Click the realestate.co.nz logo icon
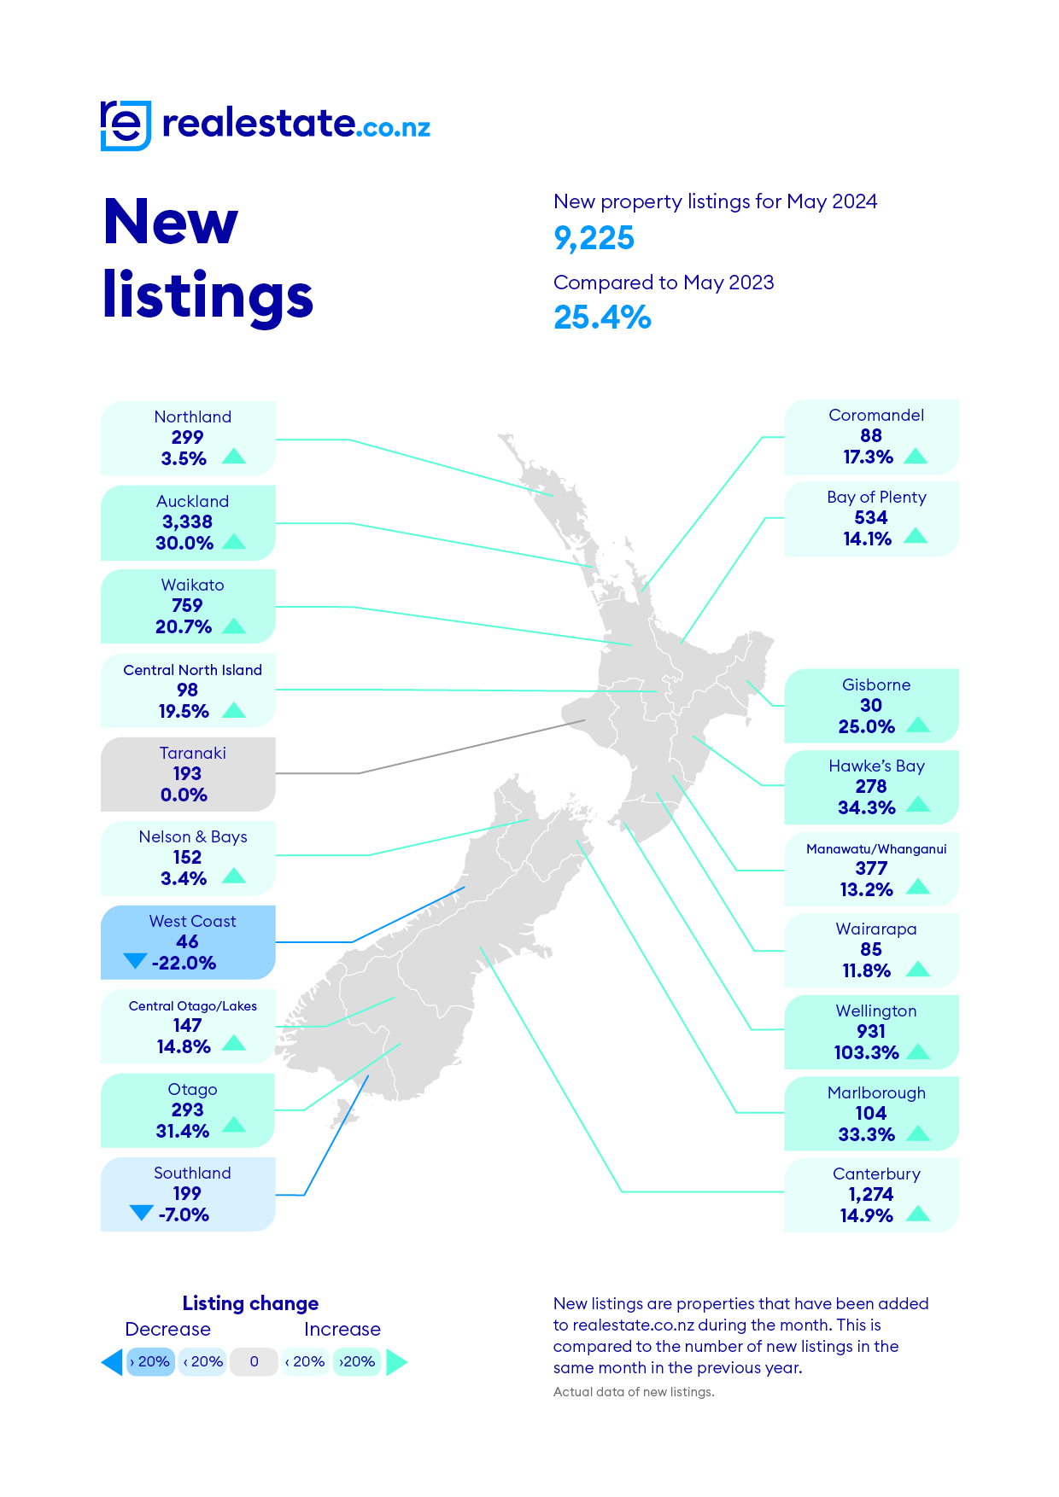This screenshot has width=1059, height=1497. coord(126,125)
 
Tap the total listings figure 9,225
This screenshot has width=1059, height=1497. coord(594,238)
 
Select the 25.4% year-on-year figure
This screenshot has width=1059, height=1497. coord(602,317)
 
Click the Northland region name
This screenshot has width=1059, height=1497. coord(192,416)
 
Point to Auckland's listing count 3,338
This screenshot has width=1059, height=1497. coord(187,521)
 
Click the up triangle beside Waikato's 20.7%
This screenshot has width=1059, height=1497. coord(234,626)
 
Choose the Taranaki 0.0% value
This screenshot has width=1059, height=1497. coord(184,795)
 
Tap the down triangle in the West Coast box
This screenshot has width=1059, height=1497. coord(135,961)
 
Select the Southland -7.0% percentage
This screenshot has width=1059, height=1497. coord(184,1214)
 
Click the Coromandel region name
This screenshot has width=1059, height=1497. coord(876,415)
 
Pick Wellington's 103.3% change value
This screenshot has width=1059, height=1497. coord(866,1052)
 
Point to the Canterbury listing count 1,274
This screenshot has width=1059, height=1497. coord(870,1194)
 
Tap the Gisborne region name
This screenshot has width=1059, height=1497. coord(876,684)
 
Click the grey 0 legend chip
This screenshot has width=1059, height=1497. coord(254,1361)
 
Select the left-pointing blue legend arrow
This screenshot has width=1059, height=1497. coord(112,1362)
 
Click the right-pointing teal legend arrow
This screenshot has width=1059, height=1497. coord(396,1362)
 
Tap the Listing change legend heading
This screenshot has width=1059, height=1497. coord(250,1303)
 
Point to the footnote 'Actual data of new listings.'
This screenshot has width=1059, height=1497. coord(634,1392)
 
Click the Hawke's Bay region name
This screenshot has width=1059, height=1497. coord(876,766)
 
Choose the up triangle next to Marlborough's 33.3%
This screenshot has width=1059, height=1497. coord(918,1133)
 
